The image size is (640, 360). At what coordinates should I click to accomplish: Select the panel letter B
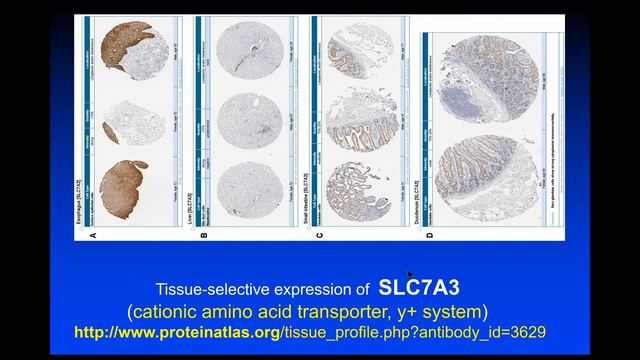(x=205, y=235)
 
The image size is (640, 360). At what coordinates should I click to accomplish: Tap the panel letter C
(x=318, y=235)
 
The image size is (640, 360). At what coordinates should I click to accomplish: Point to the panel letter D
(x=429, y=235)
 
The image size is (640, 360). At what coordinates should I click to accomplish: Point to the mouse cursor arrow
(x=409, y=274)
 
